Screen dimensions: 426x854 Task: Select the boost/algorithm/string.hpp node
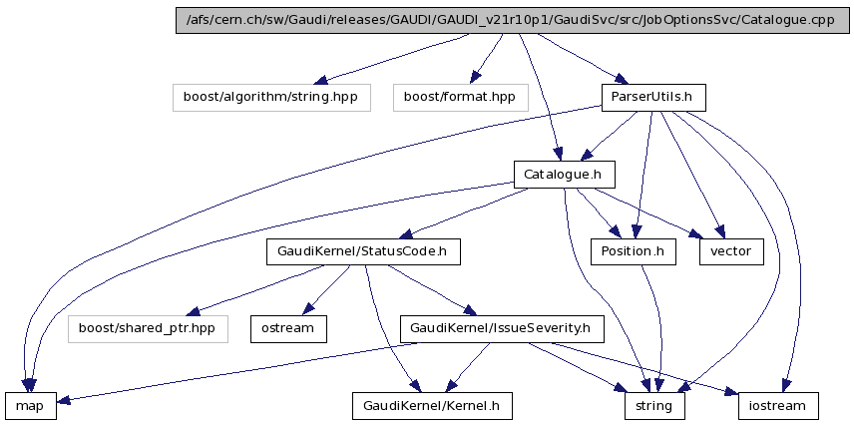pos(270,97)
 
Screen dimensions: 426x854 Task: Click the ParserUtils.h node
pos(653,97)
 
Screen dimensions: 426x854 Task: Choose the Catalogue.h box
pos(564,175)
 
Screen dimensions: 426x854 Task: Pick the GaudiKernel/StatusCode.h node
pos(363,251)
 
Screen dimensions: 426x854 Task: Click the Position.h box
pos(632,251)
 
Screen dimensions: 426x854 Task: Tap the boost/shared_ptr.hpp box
pos(147,328)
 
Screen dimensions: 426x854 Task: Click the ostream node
pos(288,328)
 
